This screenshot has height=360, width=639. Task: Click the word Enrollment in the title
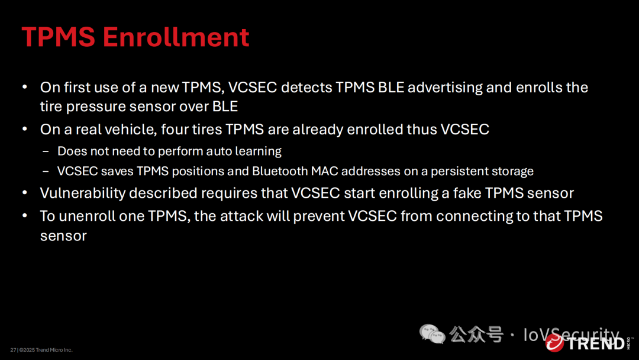pos(176,37)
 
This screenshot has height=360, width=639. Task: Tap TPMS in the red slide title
pos(58,37)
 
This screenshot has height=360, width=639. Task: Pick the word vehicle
pos(131,129)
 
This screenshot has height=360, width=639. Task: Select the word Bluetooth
pos(279,171)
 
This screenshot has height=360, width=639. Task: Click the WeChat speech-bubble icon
pos(432,335)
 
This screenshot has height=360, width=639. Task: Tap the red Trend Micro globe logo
pos(554,342)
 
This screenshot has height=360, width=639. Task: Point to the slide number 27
pos(13,350)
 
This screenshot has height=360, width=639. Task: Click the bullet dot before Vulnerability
pos(25,192)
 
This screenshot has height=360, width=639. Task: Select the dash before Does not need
pos(46,151)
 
